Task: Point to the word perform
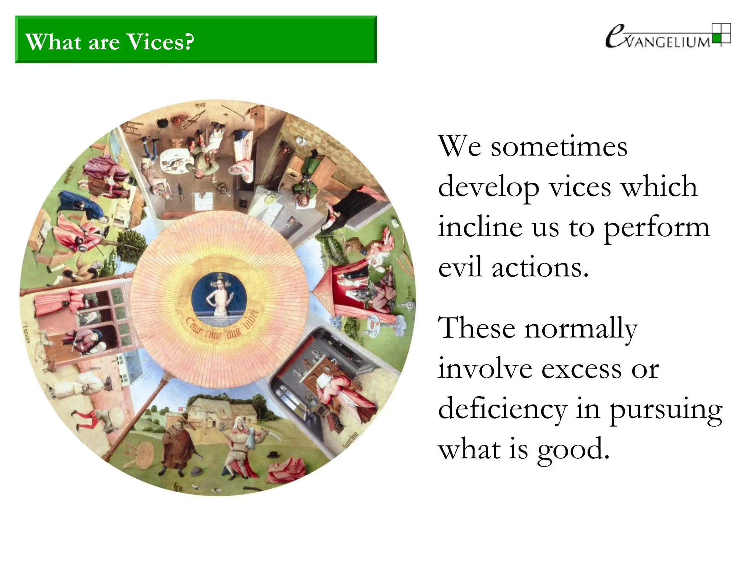[x=656, y=227]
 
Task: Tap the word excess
[x=582, y=369]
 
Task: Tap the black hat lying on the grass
[x=273, y=454]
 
